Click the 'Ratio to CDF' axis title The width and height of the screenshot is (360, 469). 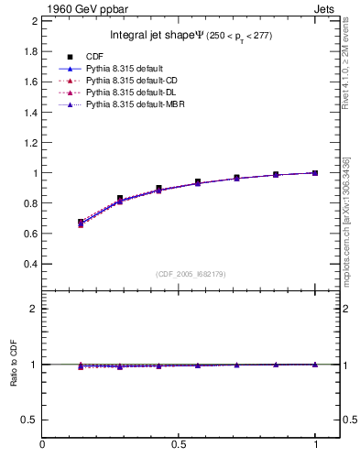pos(14,364)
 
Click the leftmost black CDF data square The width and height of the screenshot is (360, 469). pos(81,222)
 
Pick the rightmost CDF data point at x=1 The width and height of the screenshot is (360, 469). pos(316,172)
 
